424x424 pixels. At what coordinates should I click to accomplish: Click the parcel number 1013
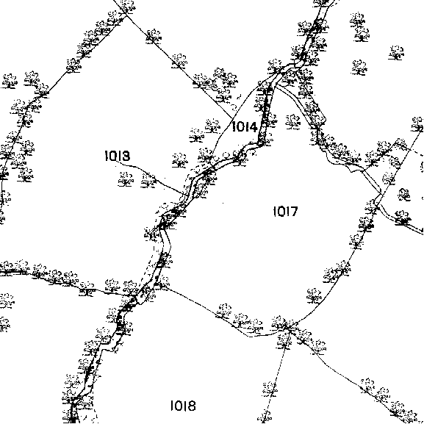tap(118, 156)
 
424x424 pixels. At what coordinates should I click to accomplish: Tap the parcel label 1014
tap(245, 127)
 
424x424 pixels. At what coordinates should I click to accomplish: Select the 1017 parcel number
tap(286, 212)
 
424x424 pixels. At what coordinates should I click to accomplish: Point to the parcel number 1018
tap(183, 406)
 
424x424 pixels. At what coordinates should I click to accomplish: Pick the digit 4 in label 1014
tap(253, 127)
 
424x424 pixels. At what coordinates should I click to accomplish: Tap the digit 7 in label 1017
tap(294, 212)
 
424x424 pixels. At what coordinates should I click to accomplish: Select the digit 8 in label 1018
tap(192, 406)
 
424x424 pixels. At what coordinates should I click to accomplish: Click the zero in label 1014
tap(240, 127)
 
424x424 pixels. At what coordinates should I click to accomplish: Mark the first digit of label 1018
tap(172, 406)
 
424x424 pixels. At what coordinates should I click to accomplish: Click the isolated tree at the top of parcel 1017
tap(293, 122)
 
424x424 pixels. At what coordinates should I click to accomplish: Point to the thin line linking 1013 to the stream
tap(151, 175)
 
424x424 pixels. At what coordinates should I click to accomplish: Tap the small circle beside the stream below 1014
tap(226, 155)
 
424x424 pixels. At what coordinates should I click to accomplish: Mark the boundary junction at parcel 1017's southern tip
tap(289, 328)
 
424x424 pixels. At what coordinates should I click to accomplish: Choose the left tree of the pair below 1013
tap(126, 179)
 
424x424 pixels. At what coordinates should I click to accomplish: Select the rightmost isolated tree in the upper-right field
tap(396, 53)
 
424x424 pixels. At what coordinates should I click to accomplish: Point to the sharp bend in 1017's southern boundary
tap(249, 337)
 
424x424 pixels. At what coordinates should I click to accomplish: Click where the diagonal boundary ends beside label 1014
tap(232, 118)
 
